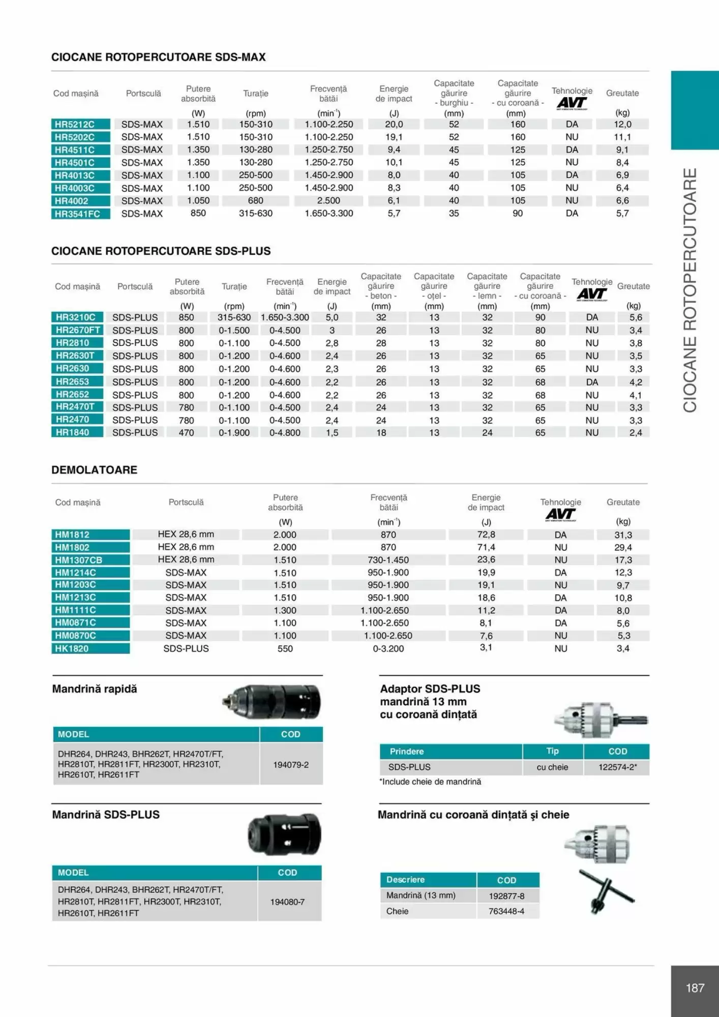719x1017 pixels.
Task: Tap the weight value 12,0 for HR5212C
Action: click(622, 124)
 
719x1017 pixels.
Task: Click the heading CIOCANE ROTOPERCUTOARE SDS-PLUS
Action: click(161, 251)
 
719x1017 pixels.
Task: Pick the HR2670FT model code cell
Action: click(78, 330)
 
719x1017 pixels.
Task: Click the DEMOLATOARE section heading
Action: click(94, 470)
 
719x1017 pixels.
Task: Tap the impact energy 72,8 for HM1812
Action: click(486, 534)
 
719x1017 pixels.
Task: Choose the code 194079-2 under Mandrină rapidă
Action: click(291, 764)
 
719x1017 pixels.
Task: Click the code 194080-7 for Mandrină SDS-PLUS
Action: click(287, 902)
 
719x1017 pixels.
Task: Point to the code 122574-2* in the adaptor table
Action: click(617, 767)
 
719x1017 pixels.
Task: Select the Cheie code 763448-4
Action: click(506, 911)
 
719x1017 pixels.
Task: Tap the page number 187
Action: click(695, 988)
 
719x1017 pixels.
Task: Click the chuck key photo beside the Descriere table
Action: click(607, 891)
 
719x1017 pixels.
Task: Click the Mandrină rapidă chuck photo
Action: click(273, 702)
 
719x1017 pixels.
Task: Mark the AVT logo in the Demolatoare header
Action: click(560, 515)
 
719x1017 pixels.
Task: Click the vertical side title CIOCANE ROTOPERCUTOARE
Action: click(690, 290)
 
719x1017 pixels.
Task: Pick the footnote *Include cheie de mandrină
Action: click(430, 782)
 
